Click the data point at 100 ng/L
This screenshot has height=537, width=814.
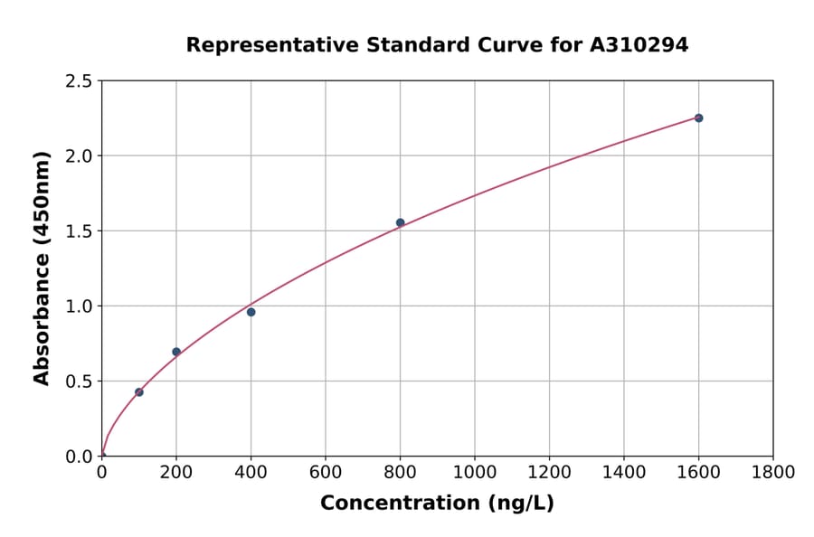pyautogui.click(x=138, y=392)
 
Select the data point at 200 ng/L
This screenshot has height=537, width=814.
pyautogui.click(x=176, y=352)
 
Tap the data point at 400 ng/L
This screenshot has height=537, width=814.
pyautogui.click(x=251, y=312)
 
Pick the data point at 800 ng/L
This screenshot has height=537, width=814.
pyautogui.click(x=400, y=222)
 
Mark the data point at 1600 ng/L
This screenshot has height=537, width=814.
pyautogui.click(x=698, y=118)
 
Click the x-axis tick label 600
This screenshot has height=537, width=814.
pyautogui.click(x=326, y=473)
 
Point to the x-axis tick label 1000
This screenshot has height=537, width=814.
pyautogui.click(x=475, y=473)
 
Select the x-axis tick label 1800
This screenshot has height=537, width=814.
pyautogui.click(x=773, y=473)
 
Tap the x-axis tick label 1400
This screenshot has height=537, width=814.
pyautogui.click(x=624, y=473)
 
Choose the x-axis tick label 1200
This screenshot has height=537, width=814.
pyautogui.click(x=549, y=473)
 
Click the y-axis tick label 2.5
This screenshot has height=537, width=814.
pyautogui.click(x=78, y=81)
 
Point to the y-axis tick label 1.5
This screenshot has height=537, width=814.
pyautogui.click(x=78, y=231)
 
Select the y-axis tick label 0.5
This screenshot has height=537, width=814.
pyautogui.click(x=78, y=382)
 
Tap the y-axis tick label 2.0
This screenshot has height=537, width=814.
pyautogui.click(x=78, y=156)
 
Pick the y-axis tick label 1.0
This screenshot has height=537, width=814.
pyautogui.click(x=78, y=306)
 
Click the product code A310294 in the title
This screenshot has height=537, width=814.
pyautogui.click(x=639, y=45)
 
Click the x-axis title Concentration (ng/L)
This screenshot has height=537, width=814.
pyautogui.click(x=437, y=504)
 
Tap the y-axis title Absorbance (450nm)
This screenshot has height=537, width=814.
pyautogui.click(x=42, y=268)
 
